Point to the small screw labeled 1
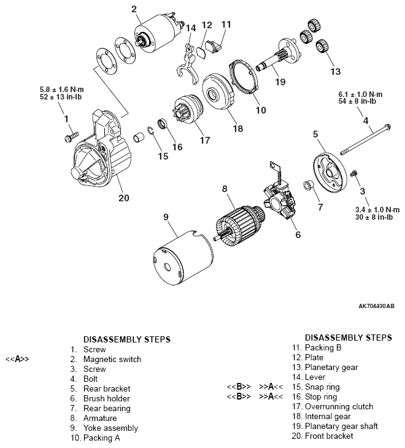click(x=72, y=133)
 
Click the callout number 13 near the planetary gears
click(x=335, y=71)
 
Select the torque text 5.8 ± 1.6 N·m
click(x=61, y=90)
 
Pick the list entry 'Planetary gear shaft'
click(x=341, y=426)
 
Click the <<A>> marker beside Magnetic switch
click(x=17, y=359)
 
